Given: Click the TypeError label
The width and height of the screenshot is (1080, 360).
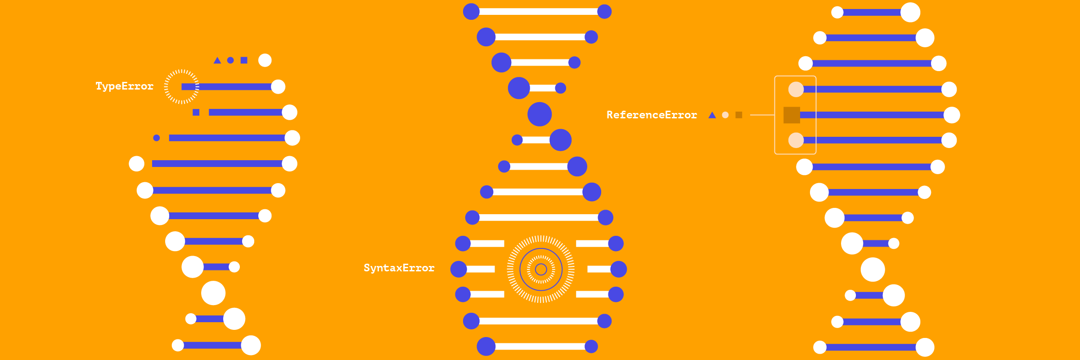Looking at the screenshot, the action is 125,86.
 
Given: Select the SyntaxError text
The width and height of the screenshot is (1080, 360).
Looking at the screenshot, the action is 399,268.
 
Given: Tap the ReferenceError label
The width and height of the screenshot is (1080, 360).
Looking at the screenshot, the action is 652,115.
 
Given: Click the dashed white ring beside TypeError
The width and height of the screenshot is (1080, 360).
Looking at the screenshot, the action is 181,70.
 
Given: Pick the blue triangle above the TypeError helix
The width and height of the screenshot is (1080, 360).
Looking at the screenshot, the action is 217,60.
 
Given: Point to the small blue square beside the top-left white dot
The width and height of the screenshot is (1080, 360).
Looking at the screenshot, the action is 244,60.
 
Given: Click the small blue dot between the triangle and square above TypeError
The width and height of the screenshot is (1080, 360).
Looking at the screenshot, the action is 230,60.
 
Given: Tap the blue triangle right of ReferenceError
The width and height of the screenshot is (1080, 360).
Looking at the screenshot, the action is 712,115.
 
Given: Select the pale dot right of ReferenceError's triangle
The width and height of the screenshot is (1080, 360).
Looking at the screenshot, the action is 725,115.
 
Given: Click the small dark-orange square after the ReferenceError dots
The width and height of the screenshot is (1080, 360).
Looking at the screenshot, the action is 738,115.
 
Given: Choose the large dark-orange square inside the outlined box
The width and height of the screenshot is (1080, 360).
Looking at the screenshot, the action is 792,115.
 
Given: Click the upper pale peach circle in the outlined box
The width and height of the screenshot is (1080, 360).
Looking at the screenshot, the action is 796,89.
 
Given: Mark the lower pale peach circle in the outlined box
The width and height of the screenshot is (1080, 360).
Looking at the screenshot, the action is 796,140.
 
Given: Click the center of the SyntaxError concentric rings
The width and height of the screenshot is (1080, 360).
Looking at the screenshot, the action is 541,269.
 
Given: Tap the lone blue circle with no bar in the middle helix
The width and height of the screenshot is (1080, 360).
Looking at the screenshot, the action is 540,114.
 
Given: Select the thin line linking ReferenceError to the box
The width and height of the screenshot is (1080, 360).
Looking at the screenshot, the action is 762,115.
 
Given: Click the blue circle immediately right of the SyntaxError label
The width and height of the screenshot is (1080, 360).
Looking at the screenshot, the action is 459,269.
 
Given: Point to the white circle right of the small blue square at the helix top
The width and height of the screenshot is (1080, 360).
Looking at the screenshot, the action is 265,60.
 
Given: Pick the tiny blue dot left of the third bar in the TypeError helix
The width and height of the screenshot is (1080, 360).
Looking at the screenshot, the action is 157,138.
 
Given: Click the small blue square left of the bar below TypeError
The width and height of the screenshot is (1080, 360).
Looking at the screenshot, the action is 196,112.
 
